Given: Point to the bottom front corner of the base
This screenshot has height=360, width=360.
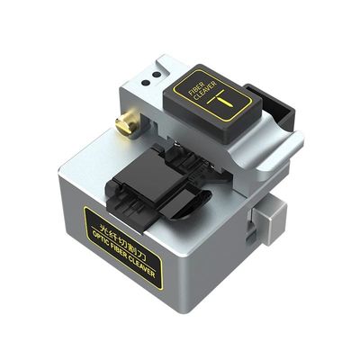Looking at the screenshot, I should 189,310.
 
